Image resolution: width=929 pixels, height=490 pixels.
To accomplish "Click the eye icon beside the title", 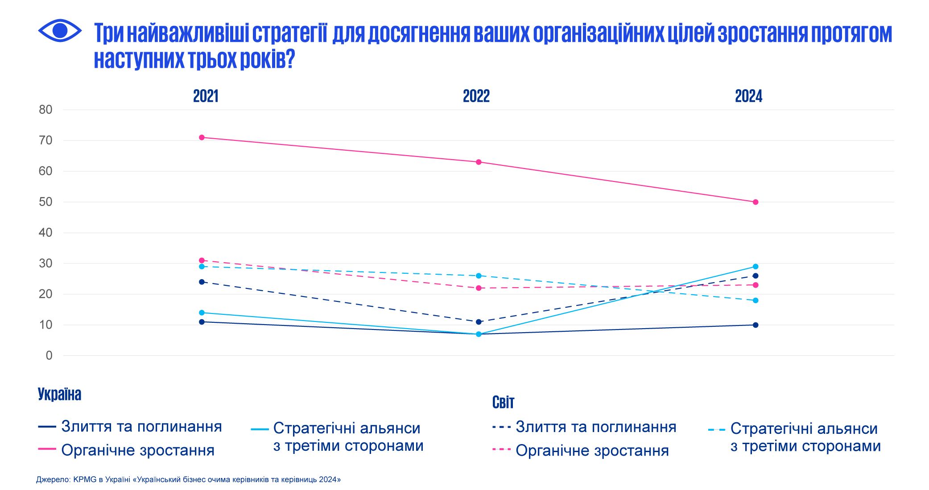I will pos(60,31).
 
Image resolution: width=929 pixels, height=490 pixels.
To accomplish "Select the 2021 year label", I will pos(206,96).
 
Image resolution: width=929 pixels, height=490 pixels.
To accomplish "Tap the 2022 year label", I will pos(476,96).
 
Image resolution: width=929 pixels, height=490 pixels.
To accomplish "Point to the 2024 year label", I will pos(748,96).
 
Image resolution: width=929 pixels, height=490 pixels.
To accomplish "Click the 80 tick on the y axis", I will pos(45,110).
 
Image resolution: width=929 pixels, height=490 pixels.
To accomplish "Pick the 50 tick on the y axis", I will pos(45,202).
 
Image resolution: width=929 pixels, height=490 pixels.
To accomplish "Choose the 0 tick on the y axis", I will pos(49,356).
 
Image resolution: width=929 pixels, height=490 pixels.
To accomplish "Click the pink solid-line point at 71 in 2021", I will pos(202,137).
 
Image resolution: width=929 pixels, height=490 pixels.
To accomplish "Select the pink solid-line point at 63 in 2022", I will pos(479,162).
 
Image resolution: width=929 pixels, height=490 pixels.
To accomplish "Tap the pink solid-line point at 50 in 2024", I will pos(756,202).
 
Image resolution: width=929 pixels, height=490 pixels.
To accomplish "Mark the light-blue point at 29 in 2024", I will pos(756,267).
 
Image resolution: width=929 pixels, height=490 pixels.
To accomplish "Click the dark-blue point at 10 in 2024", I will pos(756,325).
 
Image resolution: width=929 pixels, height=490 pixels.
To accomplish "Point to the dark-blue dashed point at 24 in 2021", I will pos(202,282).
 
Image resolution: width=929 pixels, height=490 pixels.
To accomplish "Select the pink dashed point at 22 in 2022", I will pos(479,288).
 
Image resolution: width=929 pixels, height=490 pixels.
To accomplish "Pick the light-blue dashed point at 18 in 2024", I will pos(756,301).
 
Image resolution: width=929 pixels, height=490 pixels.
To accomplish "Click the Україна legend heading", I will pos(59,395).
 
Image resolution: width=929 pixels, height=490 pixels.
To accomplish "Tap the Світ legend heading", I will pos(503,403).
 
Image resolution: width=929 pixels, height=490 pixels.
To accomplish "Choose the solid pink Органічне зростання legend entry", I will pos(137,450).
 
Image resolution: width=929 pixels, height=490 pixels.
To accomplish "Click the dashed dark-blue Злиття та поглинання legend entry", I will pos(595,427).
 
